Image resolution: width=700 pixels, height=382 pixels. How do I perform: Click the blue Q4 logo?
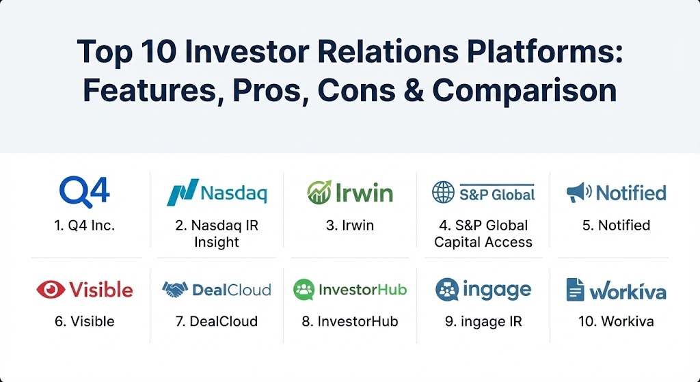(x=84, y=192)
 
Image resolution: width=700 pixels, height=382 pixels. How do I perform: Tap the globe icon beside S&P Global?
(x=443, y=192)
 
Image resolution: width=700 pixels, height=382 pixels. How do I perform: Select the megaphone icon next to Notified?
(x=579, y=193)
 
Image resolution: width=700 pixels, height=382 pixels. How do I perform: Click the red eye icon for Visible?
(x=51, y=290)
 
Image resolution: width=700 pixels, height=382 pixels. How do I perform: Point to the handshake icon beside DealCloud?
(x=175, y=290)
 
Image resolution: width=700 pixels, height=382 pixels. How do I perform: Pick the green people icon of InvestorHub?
(x=304, y=290)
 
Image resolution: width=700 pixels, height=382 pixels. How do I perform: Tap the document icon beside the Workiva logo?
(x=575, y=289)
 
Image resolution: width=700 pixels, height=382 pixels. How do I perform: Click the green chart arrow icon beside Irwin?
(x=319, y=192)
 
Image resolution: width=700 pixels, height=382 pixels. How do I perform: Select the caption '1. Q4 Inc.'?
(x=84, y=226)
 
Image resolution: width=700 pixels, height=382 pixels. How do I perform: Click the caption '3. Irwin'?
(x=349, y=226)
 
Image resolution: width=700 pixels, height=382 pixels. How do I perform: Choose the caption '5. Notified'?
(x=616, y=226)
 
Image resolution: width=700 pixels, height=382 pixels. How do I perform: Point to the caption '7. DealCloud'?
(x=217, y=321)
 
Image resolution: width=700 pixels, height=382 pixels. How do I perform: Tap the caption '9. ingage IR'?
(x=483, y=321)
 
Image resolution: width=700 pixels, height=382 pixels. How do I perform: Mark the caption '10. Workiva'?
(x=616, y=321)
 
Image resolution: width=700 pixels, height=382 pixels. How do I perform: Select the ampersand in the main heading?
(x=414, y=91)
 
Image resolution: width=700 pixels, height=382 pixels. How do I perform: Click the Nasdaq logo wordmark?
(x=234, y=193)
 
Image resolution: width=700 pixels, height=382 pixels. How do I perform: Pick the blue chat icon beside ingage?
(x=447, y=290)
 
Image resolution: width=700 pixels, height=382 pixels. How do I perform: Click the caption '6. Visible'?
(x=84, y=321)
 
